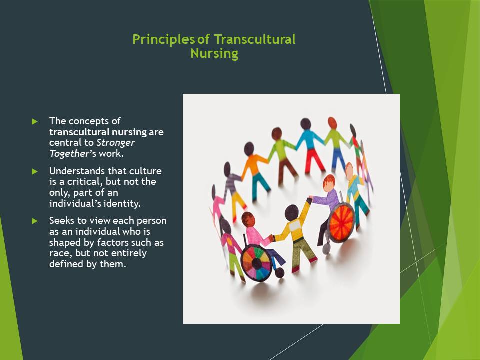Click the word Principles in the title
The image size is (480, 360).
coord(164,40)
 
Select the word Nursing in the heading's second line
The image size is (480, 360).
coord(214,53)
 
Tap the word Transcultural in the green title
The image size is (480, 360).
coord(254,39)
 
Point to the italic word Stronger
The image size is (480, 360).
coord(115,143)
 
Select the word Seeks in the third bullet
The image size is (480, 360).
coord(62,220)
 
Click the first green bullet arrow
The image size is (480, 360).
coord(35,122)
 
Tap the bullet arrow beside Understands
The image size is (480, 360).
coord(35,171)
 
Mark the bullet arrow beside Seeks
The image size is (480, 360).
coord(35,221)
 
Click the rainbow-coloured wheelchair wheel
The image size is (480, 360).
coord(256,263)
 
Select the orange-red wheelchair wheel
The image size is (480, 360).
coord(341,223)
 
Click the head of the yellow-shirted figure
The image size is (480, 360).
coord(291,213)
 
